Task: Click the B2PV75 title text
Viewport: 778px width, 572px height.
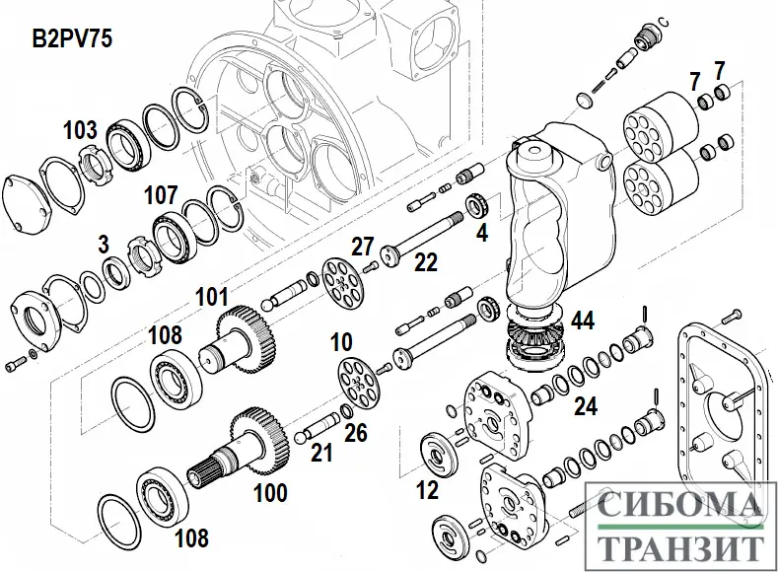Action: [x=70, y=39]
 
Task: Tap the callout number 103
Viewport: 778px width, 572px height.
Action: [x=81, y=129]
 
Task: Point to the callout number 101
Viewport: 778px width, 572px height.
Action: [x=211, y=295]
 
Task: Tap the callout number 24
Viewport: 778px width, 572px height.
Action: [x=586, y=404]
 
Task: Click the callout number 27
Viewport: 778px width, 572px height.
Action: [x=364, y=246]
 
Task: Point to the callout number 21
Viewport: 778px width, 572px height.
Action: [x=321, y=453]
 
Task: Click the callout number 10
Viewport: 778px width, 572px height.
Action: [x=341, y=342]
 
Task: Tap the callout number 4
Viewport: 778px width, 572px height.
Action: [x=481, y=234]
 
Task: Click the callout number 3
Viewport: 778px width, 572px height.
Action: [x=104, y=243]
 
